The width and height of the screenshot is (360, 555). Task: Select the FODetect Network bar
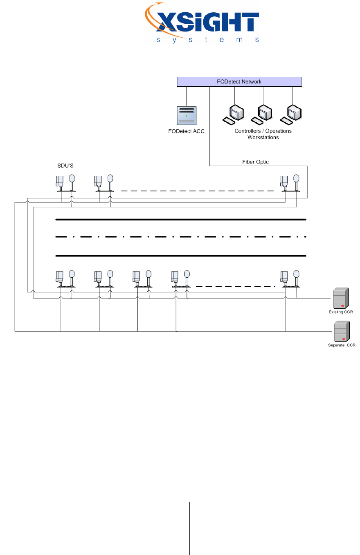click(x=239, y=82)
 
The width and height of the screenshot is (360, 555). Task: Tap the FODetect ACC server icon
click(x=187, y=115)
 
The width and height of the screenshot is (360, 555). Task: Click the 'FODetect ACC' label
click(x=187, y=132)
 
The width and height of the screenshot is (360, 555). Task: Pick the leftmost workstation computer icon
click(x=234, y=114)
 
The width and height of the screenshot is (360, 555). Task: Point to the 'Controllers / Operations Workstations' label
click(x=263, y=134)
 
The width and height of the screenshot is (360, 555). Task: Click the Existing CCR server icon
click(x=340, y=299)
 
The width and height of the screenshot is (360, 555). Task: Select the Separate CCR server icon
click(x=341, y=332)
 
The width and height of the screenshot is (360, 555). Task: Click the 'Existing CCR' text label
click(x=341, y=312)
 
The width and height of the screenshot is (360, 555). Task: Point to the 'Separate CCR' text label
click(x=342, y=345)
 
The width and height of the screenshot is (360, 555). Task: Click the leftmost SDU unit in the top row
click(x=65, y=183)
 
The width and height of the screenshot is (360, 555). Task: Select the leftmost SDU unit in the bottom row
click(x=65, y=279)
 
